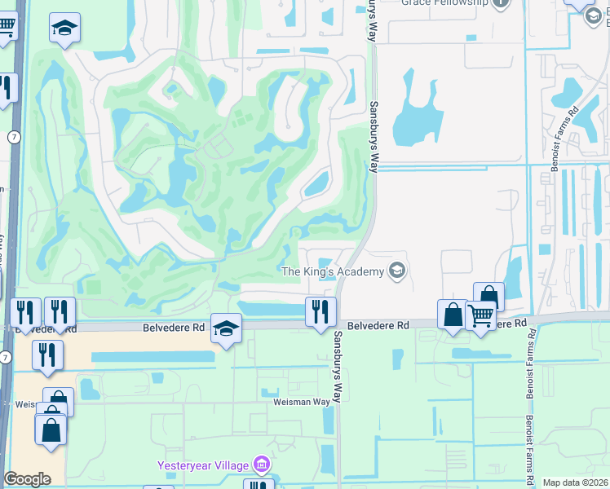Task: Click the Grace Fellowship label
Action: point(444,3)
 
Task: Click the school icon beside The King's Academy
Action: point(397,271)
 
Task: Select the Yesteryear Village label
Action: point(205,465)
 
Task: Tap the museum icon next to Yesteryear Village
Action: point(262,465)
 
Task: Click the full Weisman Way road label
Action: point(301,401)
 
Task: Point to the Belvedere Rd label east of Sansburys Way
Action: point(378,325)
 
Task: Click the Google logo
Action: point(27,479)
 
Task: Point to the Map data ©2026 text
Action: point(575,482)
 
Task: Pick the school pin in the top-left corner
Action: point(64,29)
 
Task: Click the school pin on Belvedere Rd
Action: point(227,328)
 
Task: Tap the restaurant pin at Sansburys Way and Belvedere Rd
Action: point(320,311)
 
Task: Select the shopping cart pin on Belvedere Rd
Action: point(481,315)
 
